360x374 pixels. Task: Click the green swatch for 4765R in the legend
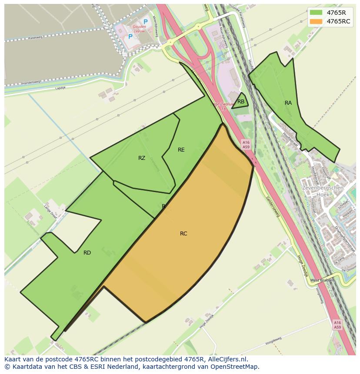[x=316, y=12]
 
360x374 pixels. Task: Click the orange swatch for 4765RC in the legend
[x=316, y=21]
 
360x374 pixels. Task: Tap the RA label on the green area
[x=288, y=103]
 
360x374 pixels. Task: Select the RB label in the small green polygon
[x=241, y=102]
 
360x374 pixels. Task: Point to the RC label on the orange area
[x=183, y=234]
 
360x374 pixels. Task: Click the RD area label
[x=87, y=253]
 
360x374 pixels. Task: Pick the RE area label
[x=181, y=150]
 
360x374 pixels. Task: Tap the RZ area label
[x=142, y=158]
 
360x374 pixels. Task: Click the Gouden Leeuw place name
[x=140, y=29]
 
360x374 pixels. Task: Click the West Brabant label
[x=323, y=280]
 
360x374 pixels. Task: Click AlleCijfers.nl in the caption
[x=227, y=359]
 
